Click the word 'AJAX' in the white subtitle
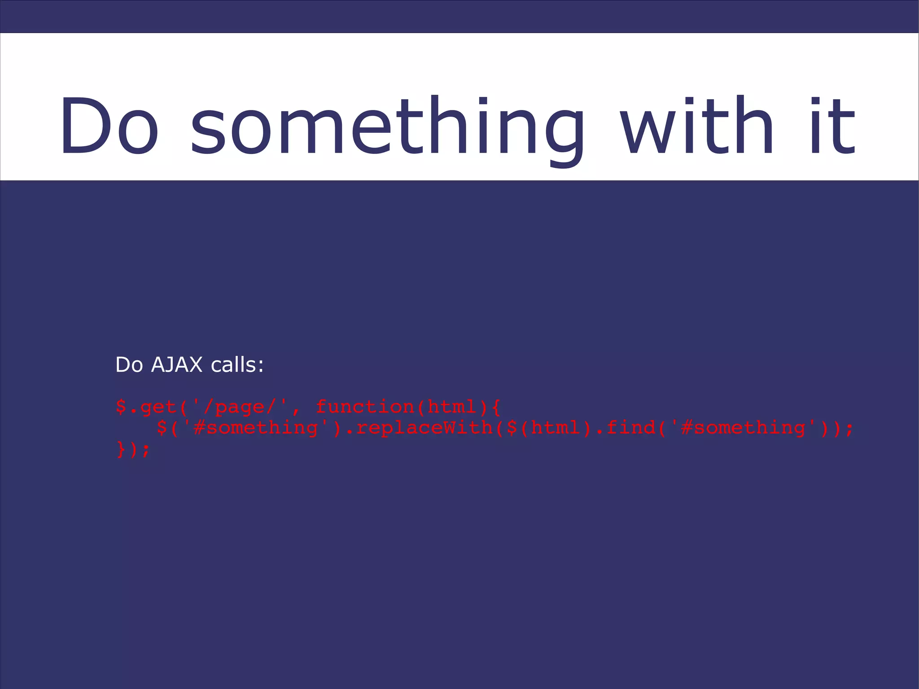(177, 365)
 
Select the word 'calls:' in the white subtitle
(237, 365)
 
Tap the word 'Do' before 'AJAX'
(129, 365)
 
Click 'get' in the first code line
(158, 408)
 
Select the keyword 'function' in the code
(365, 407)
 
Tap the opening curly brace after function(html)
(495, 408)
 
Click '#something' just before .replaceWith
(256, 428)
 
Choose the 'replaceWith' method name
(424, 428)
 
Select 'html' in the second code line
(556, 428)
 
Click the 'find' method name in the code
(630, 428)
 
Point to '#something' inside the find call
(743, 428)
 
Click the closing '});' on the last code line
(133, 449)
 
